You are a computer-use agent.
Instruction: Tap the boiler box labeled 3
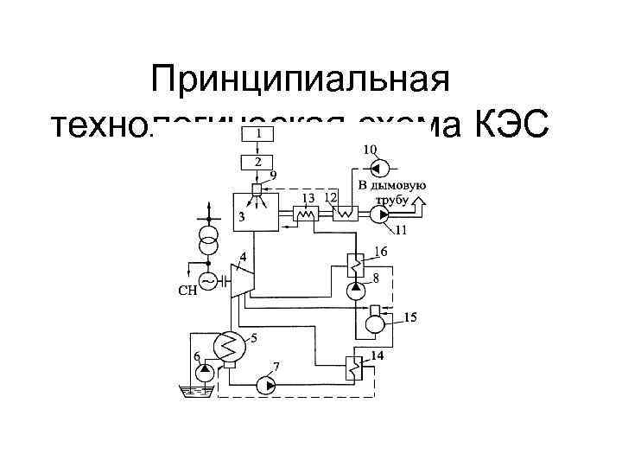(x=256, y=211)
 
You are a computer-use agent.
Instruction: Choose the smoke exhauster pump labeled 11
(x=380, y=216)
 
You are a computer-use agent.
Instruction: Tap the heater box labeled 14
(x=354, y=368)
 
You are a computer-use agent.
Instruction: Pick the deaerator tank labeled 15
(x=375, y=322)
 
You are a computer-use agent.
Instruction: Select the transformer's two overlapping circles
(x=207, y=240)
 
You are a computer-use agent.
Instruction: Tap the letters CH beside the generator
(x=187, y=291)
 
